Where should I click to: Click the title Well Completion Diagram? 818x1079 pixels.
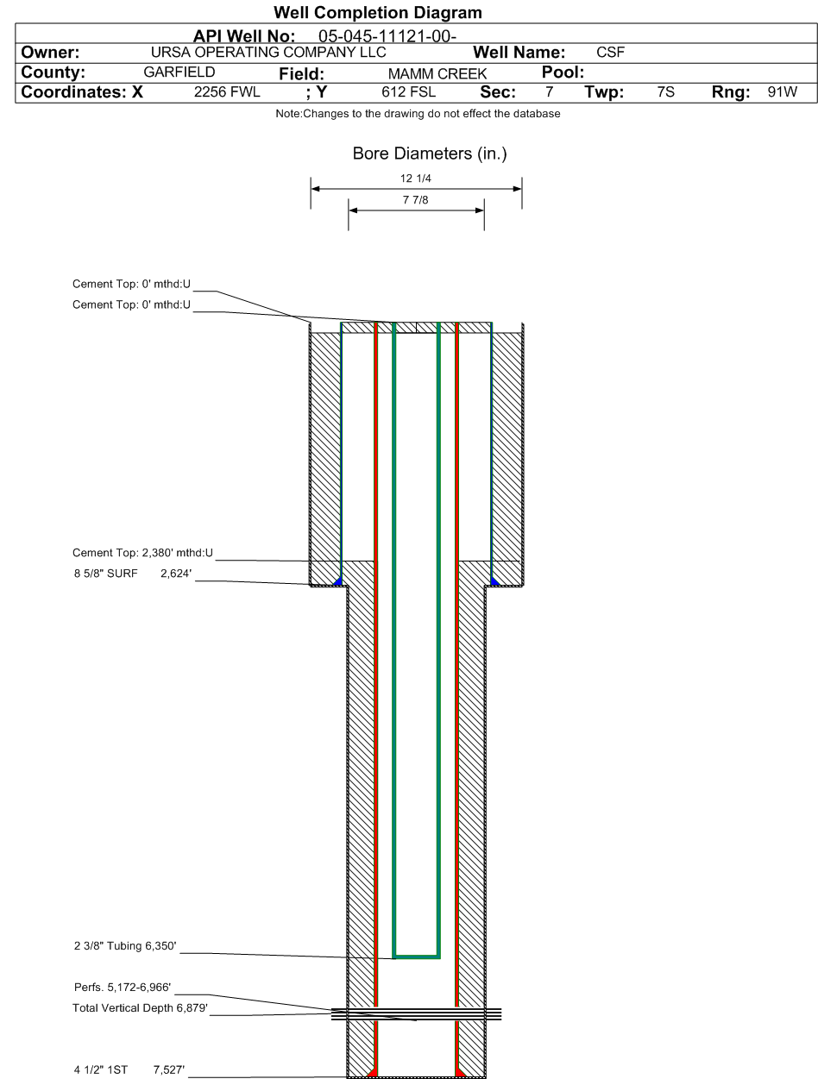pyautogui.click(x=378, y=12)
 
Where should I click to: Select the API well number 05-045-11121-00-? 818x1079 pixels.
pyautogui.click(x=387, y=36)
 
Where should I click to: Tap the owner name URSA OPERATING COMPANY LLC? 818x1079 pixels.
pyautogui.click(x=268, y=52)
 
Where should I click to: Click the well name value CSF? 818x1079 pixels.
pyautogui.click(x=610, y=52)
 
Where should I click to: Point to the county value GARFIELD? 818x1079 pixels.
pyautogui.click(x=179, y=72)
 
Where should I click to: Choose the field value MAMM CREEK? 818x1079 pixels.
pyautogui.click(x=437, y=73)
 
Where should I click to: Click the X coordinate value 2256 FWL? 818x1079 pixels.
pyautogui.click(x=227, y=92)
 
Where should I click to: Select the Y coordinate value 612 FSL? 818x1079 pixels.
pyautogui.click(x=408, y=92)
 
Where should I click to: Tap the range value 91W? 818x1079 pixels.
pyautogui.click(x=782, y=92)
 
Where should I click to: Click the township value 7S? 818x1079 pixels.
pyautogui.click(x=665, y=92)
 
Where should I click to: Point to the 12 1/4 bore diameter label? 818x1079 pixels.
pyautogui.click(x=415, y=179)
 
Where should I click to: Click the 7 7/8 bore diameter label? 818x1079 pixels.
pyautogui.click(x=415, y=200)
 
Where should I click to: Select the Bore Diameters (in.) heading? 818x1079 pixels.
pyautogui.click(x=429, y=154)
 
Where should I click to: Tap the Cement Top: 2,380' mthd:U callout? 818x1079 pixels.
pyautogui.click(x=142, y=553)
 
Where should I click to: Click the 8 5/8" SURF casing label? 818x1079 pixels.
pyautogui.click(x=105, y=574)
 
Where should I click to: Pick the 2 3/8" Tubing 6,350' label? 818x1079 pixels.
pyautogui.click(x=125, y=946)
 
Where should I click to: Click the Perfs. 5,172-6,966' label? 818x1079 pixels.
pyautogui.click(x=123, y=987)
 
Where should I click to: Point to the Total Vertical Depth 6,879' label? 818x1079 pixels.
pyautogui.click(x=140, y=1007)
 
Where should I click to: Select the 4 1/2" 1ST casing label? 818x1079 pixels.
pyautogui.click(x=101, y=1070)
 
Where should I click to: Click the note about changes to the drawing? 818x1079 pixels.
pyautogui.click(x=418, y=114)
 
